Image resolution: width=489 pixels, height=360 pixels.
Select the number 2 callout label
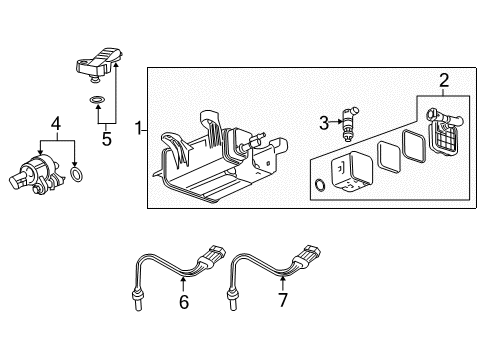(443, 81)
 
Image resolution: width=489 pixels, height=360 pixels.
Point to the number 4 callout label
(57, 124)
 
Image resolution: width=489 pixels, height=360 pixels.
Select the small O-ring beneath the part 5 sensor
(95, 100)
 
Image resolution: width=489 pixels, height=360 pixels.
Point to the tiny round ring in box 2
(319, 184)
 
